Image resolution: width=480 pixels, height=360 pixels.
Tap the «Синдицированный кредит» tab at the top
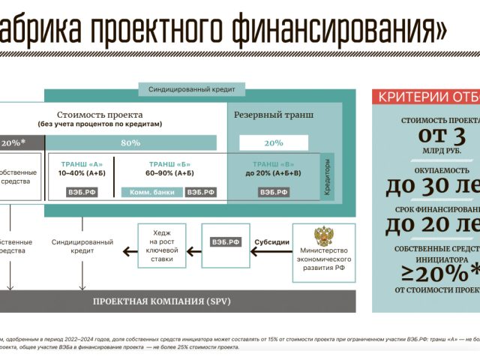[x=191, y=89]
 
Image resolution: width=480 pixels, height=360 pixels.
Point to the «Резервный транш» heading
[x=273, y=115]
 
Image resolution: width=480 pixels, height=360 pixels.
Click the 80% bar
[x=130, y=142]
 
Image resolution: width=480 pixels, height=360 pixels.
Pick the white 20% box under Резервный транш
[x=273, y=142]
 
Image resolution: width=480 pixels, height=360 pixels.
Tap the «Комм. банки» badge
[x=151, y=192]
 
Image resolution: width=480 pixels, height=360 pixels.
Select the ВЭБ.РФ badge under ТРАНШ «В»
[x=273, y=192]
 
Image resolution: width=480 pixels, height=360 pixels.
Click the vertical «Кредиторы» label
[x=327, y=177]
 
